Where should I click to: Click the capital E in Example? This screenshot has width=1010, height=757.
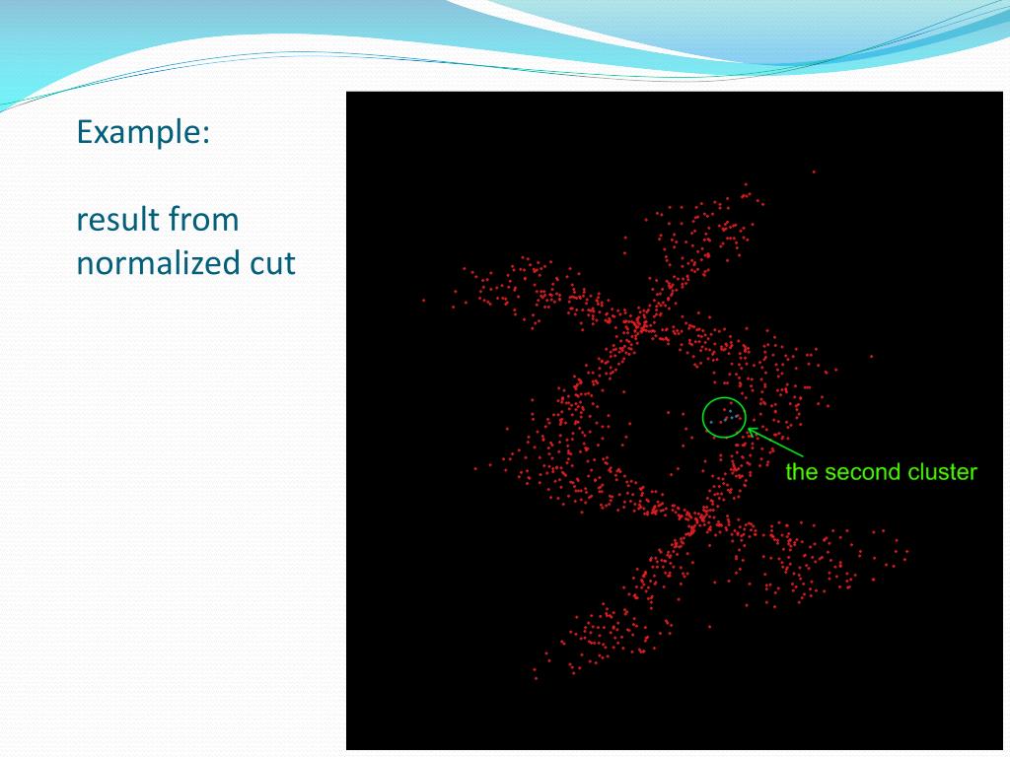pos(84,132)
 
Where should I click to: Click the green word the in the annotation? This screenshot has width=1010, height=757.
pos(802,472)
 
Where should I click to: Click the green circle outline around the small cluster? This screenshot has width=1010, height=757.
pos(703,418)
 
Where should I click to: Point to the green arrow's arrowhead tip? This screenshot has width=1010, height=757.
pos(748,428)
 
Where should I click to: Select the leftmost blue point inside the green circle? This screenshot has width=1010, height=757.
pos(711,422)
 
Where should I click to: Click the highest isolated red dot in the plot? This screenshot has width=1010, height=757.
pos(814,172)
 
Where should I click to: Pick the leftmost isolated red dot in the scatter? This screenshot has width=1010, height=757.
pos(424,300)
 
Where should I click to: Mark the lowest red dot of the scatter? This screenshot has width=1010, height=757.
pos(535,678)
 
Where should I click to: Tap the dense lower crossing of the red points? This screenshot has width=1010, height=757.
pos(702,516)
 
